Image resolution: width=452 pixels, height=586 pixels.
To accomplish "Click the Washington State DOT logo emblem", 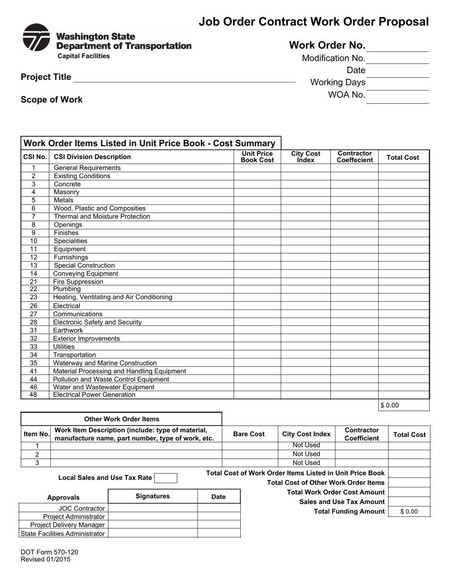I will [x=36, y=38].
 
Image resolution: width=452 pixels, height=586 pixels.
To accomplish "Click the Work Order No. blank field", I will [x=398, y=46].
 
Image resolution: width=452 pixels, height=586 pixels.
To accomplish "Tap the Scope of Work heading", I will [x=51, y=100].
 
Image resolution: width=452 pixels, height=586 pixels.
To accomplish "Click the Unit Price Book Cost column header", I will [x=257, y=157].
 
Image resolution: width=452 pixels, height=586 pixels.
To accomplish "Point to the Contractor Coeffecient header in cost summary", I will [x=354, y=157].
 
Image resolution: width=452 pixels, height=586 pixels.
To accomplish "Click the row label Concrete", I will [x=67, y=184].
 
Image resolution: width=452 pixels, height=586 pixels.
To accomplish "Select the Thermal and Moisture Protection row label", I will [x=102, y=216].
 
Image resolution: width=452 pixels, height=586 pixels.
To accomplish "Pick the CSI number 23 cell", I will [x=33, y=297].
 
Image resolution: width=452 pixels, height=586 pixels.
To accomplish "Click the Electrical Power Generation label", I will [x=94, y=394].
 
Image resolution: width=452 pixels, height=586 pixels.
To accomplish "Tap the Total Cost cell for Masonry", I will [x=403, y=192].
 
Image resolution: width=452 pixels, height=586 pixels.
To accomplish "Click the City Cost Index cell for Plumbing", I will [x=305, y=289].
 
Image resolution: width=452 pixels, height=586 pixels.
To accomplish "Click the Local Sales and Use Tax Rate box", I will [x=166, y=478].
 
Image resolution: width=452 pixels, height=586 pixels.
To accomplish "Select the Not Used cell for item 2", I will [x=306, y=454].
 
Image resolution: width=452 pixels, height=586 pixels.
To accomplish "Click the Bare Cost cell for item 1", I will [x=250, y=445].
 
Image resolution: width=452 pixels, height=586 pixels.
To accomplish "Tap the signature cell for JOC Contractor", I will [x=153, y=508].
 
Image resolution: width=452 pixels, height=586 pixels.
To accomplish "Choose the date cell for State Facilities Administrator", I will [x=219, y=533].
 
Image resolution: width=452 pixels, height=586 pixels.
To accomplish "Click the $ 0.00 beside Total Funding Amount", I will [x=409, y=512].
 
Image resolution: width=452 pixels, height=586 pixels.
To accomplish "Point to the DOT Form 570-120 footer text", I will [x=49, y=552].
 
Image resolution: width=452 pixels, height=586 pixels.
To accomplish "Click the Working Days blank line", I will [x=398, y=83].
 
